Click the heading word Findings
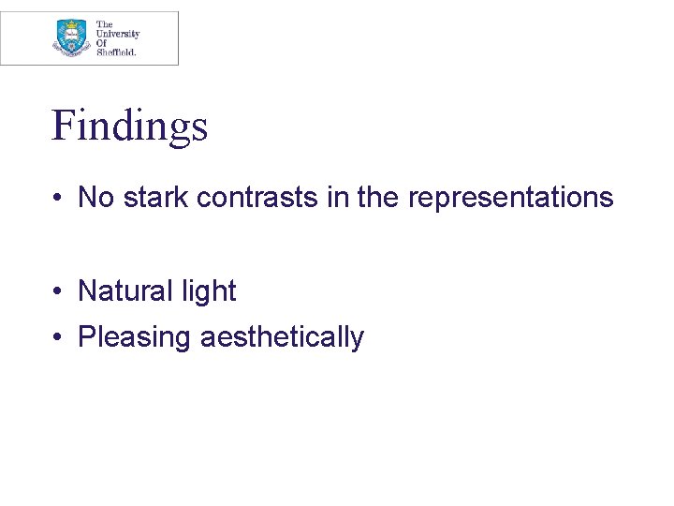click(129, 126)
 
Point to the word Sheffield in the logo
click(116, 52)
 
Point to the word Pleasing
click(135, 337)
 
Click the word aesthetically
click(282, 337)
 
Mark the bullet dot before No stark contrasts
click(57, 199)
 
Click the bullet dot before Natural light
click(57, 292)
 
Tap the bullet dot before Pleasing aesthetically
click(57, 337)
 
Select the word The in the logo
click(105, 24)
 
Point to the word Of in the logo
click(102, 42)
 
